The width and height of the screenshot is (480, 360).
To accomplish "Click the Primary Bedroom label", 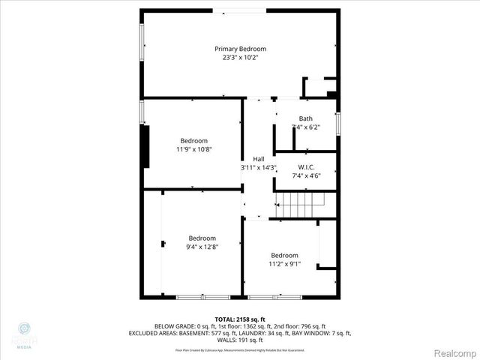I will click(x=240, y=49).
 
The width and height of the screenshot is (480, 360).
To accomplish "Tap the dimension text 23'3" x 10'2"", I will click(x=240, y=58).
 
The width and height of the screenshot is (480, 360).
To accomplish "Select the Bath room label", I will click(x=306, y=118).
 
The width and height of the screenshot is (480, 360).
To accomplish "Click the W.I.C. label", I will click(x=306, y=167).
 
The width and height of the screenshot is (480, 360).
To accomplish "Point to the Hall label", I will click(x=259, y=159).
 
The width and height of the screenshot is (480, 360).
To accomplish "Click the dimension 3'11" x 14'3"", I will click(x=259, y=168).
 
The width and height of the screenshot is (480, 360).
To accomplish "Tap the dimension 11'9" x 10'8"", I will click(x=193, y=149).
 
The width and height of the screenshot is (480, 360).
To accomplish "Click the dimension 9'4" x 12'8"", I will click(x=202, y=247).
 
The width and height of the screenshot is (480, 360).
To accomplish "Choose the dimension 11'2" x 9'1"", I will click(x=285, y=263).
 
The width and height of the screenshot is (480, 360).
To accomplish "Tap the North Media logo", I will click(x=24, y=334).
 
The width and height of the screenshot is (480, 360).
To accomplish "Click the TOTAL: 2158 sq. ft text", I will click(x=240, y=319).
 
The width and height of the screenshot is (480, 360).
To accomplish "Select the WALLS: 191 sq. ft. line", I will click(x=240, y=339).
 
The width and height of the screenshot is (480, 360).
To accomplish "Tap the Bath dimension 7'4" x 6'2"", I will click(x=306, y=127).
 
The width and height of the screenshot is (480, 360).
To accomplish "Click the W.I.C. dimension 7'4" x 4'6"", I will click(x=306, y=176).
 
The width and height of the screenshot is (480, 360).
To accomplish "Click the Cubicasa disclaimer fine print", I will click(x=240, y=349).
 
